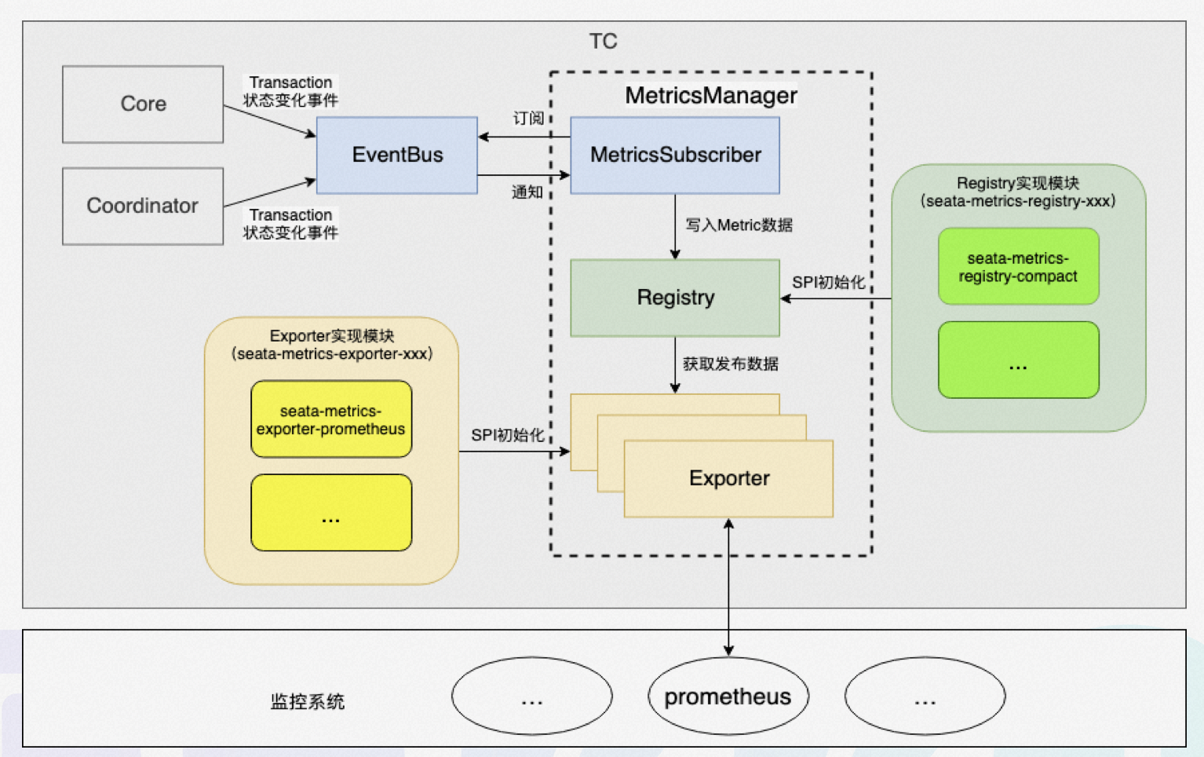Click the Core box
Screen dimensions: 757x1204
point(143,104)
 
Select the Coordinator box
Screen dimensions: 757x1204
point(143,206)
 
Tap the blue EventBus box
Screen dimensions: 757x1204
point(397,155)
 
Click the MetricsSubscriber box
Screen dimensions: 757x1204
point(675,155)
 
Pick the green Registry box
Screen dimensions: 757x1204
point(675,298)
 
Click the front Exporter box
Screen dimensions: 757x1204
point(728,478)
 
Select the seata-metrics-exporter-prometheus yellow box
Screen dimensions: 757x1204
point(331,419)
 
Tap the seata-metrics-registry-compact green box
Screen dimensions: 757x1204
point(1018,266)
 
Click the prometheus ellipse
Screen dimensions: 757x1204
point(728,697)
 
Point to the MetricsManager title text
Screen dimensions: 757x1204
point(711,95)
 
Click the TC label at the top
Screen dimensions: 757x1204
point(603,41)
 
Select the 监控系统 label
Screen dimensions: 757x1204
point(307,701)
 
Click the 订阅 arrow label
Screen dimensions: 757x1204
point(528,118)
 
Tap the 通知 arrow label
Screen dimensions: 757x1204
point(527,192)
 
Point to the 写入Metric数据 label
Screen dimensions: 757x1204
point(739,225)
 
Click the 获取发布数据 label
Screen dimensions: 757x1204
point(730,364)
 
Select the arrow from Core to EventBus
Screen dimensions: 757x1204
point(269,120)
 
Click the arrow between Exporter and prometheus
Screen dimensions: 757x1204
point(728,589)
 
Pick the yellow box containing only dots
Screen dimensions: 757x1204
point(331,512)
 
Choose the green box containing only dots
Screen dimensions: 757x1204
point(1018,360)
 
